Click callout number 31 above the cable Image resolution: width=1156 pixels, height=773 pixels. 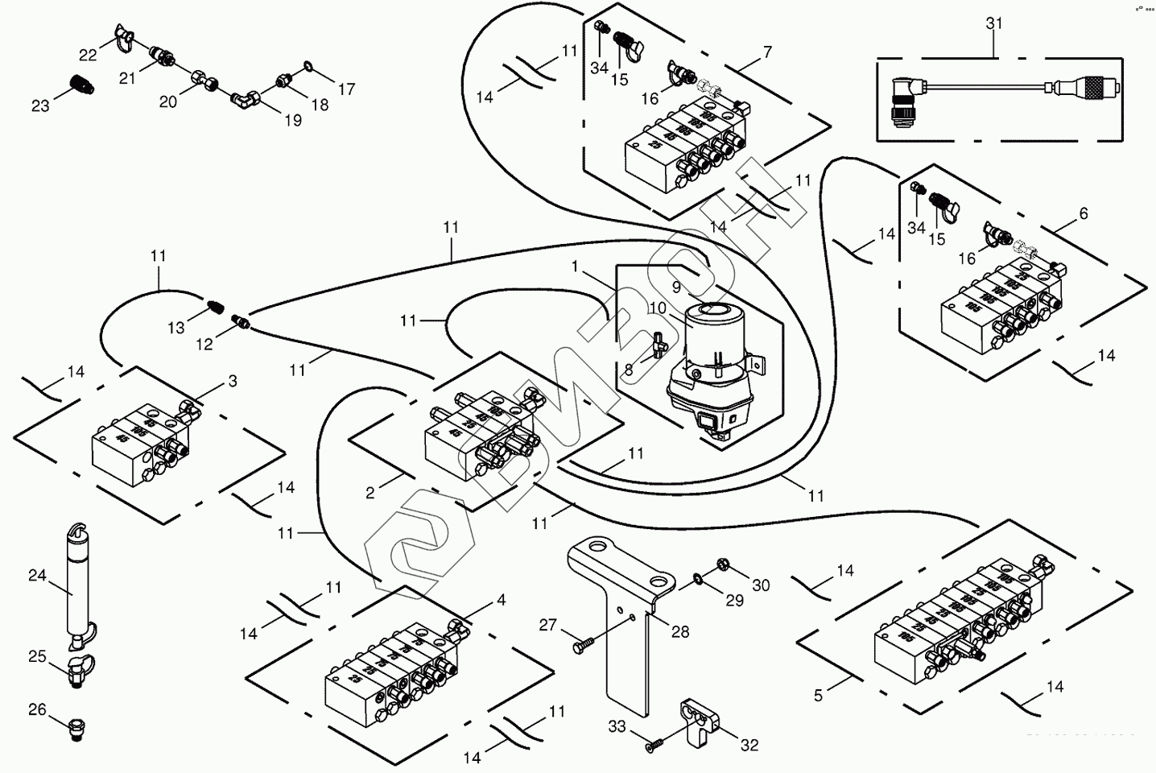(994, 23)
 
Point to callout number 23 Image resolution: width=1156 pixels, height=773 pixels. (40, 105)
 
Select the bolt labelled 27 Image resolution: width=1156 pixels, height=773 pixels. (582, 645)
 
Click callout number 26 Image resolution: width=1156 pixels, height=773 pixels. (37, 709)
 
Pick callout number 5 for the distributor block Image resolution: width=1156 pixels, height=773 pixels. (818, 695)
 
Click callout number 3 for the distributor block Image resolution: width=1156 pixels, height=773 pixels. (233, 381)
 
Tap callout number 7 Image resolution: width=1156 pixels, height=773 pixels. (767, 52)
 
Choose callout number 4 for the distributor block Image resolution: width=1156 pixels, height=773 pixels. (501, 600)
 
